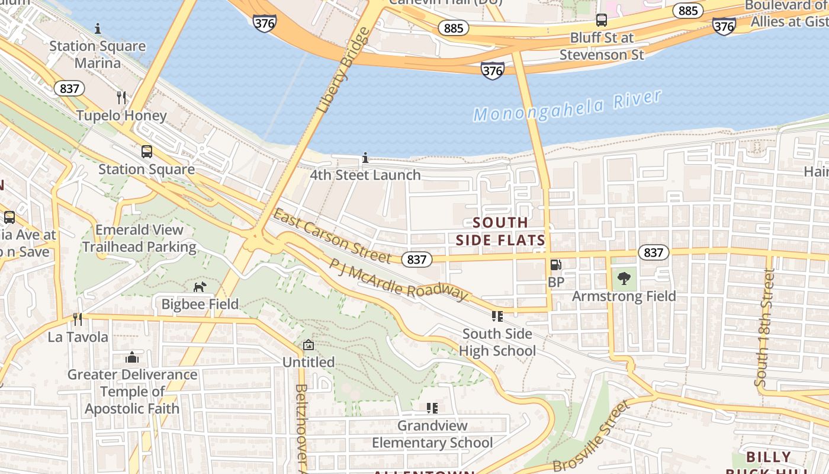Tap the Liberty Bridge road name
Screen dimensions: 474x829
(343, 71)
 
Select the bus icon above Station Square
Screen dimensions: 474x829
(146, 152)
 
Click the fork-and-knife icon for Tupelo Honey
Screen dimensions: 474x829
(121, 98)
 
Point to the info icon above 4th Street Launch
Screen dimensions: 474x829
(365, 158)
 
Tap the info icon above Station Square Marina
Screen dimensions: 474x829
(98, 28)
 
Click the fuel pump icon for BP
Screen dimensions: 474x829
(555, 265)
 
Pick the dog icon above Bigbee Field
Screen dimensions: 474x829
(200, 287)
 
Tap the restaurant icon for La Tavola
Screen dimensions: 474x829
(78, 319)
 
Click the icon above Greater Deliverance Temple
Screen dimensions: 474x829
(132, 357)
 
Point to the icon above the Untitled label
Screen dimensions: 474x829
(308, 345)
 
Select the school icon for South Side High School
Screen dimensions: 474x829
(497, 316)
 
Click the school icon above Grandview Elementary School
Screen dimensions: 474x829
(432, 408)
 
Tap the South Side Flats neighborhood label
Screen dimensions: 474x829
(500, 231)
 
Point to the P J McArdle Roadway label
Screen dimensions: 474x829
(398, 279)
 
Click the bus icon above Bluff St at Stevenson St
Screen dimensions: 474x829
(602, 20)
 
